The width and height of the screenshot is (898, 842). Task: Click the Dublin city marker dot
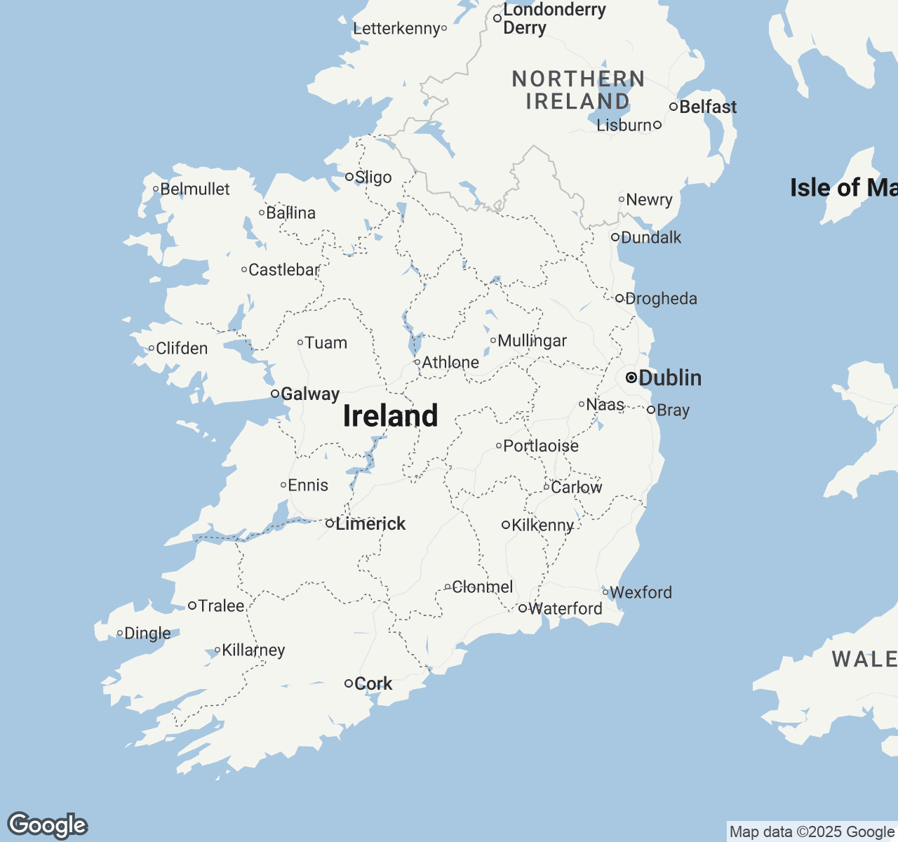pyautogui.click(x=631, y=377)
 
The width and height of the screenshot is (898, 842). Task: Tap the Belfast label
pyautogui.click(x=708, y=107)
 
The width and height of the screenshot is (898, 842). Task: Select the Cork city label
pyautogui.click(x=373, y=683)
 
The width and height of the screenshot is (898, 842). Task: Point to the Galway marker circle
pyautogui.click(x=275, y=394)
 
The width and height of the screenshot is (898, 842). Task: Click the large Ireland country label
pyautogui.click(x=390, y=415)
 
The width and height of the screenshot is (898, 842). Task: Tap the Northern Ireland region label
pyautogui.click(x=578, y=90)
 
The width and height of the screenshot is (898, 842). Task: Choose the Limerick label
pyautogui.click(x=370, y=523)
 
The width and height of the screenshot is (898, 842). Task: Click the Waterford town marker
pyautogui.click(x=523, y=608)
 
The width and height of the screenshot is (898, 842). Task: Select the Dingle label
pyautogui.click(x=147, y=633)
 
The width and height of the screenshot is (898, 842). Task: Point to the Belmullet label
pyautogui.click(x=195, y=189)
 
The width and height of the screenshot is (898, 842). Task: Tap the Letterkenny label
pyautogui.click(x=396, y=28)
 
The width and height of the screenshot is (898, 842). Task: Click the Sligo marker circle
pyautogui.click(x=349, y=177)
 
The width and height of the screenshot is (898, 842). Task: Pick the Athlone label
pyautogui.click(x=450, y=362)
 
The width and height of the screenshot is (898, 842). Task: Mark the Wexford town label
pyautogui.click(x=641, y=592)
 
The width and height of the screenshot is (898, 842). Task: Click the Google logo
pyautogui.click(x=48, y=825)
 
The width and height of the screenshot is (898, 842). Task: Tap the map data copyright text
pyautogui.click(x=812, y=832)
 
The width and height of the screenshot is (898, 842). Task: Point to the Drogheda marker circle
pyautogui.click(x=619, y=298)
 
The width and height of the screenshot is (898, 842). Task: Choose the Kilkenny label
pyautogui.click(x=543, y=525)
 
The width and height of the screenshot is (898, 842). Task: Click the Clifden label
pyautogui.click(x=182, y=348)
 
